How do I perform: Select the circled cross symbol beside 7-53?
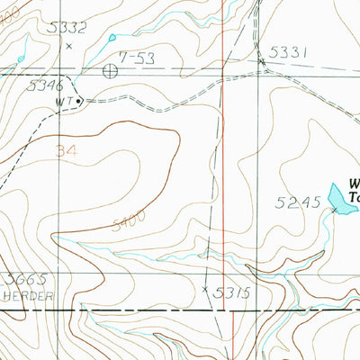point(110,68)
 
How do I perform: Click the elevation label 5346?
point(45,86)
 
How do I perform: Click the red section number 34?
point(65,151)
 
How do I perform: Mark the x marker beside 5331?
point(262,61)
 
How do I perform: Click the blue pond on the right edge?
point(338,193)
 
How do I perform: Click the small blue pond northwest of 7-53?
point(113,38)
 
